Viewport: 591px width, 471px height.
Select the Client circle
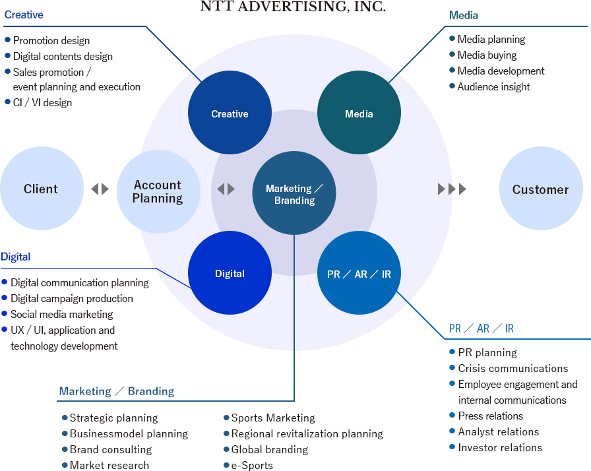[x=41, y=189]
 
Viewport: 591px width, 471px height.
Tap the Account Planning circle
[x=158, y=191]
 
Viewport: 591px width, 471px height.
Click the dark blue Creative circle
[x=230, y=113]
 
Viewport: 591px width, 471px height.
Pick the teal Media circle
[x=359, y=113]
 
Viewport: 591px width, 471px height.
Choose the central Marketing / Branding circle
[x=294, y=194]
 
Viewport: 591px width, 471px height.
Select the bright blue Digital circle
[x=230, y=273]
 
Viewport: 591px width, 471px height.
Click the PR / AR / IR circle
[x=359, y=273]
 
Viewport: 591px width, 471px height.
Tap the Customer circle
[x=540, y=189]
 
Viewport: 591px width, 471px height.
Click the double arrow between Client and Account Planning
[x=100, y=189]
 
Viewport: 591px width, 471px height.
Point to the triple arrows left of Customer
[x=452, y=189]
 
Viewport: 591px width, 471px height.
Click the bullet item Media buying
[x=487, y=55]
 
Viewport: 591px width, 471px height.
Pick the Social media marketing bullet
[x=62, y=314]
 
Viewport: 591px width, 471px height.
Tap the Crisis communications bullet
[x=513, y=368]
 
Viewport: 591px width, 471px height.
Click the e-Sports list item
[x=252, y=465]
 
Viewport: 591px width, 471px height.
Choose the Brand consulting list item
[x=111, y=449]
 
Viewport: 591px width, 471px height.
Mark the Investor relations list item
[x=500, y=447]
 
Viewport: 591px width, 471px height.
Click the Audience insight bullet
[x=493, y=86]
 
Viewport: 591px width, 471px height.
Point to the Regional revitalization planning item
[x=307, y=433]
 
